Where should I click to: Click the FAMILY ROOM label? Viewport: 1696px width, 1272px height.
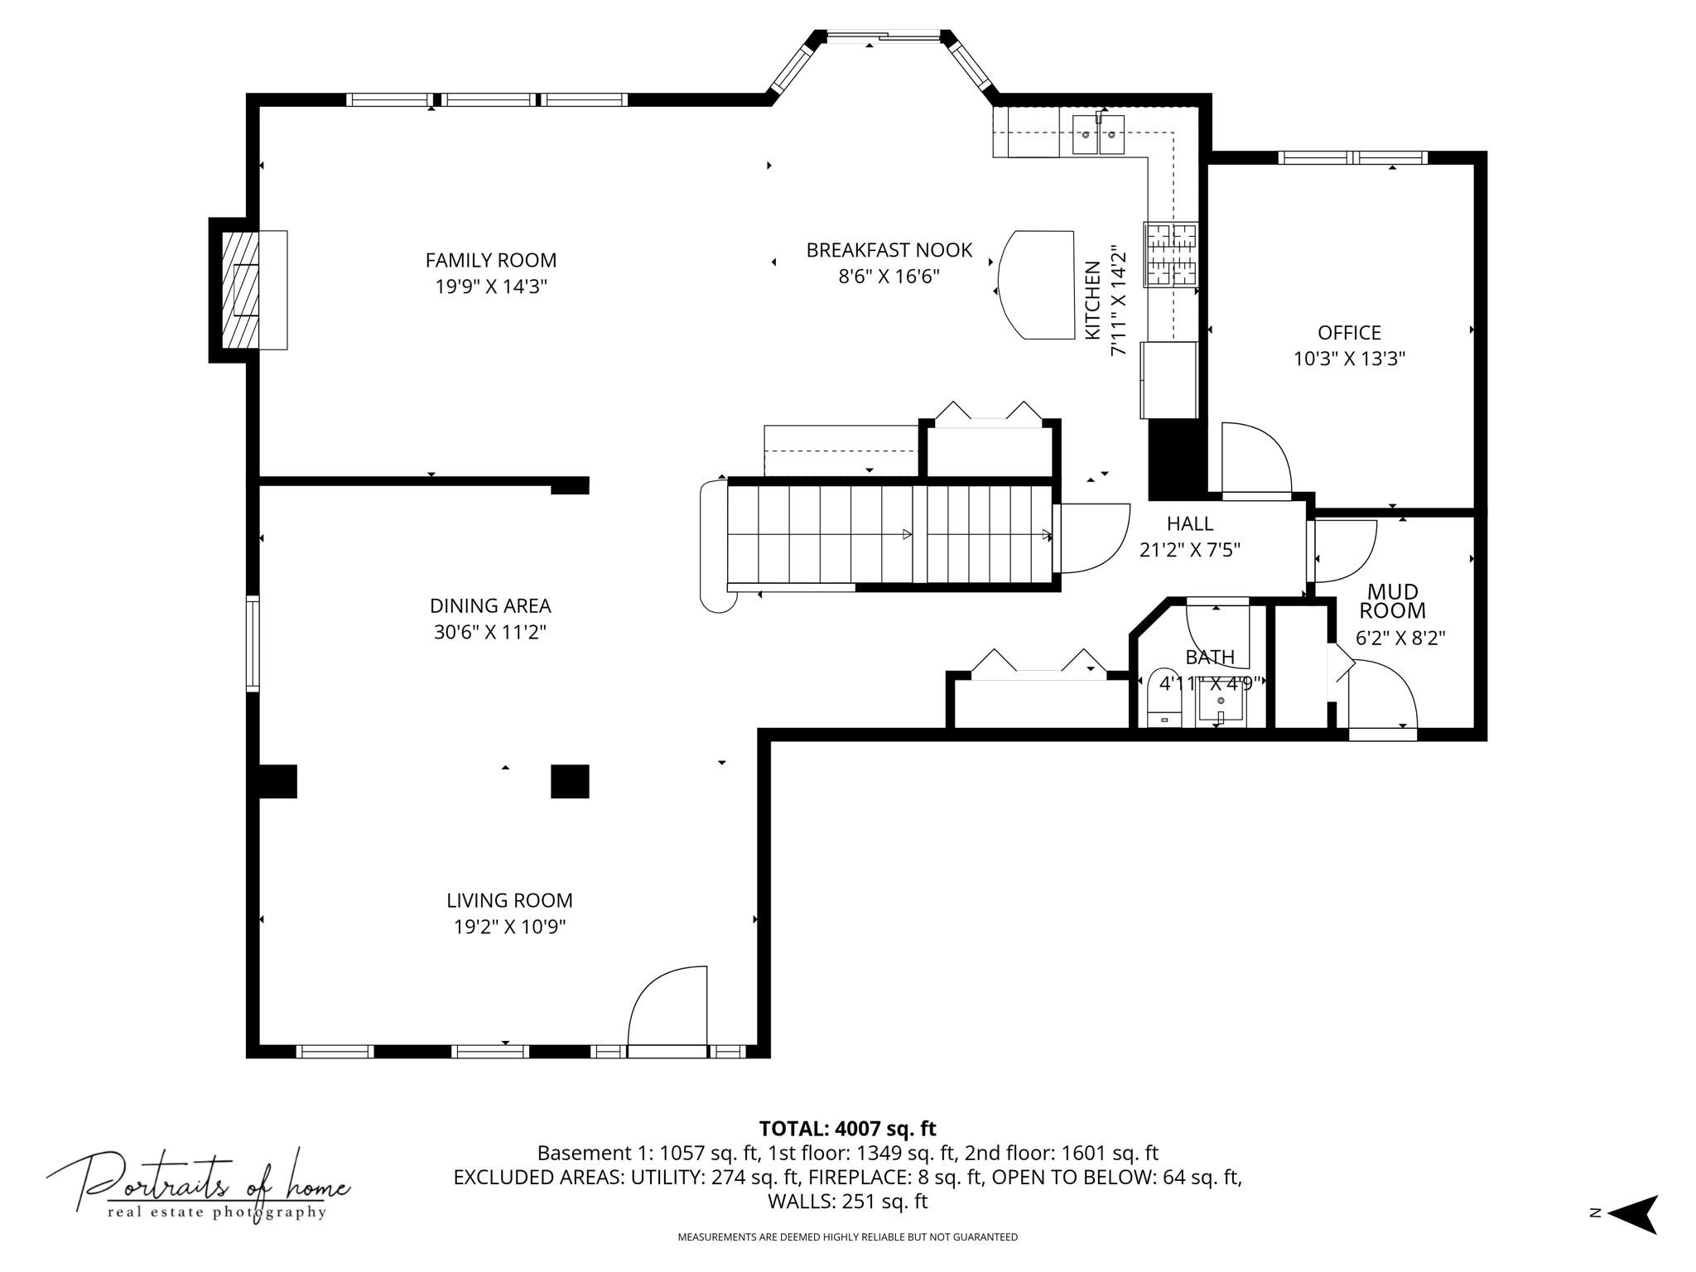(491, 260)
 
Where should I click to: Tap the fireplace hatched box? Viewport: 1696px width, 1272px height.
(240, 290)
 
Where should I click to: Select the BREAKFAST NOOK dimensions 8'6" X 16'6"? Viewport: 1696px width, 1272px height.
(889, 276)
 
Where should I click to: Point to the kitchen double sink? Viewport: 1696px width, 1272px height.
(1099, 135)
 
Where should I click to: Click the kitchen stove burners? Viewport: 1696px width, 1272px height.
(1171, 254)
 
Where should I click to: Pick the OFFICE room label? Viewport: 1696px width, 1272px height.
(1350, 332)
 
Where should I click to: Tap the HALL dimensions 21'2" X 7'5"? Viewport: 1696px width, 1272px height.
(1190, 549)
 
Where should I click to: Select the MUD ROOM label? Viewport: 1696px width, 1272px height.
(1393, 601)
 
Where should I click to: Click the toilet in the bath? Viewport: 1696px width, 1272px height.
(1164, 697)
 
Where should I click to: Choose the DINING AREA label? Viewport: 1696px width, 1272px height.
(490, 605)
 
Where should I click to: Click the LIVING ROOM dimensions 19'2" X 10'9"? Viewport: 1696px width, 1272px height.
(510, 926)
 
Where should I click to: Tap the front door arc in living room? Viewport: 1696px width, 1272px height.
(658, 998)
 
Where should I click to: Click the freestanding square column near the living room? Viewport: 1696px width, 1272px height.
(570, 781)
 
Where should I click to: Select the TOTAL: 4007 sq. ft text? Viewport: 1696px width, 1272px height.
(848, 1128)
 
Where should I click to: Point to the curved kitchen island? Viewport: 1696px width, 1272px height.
(1036, 285)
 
